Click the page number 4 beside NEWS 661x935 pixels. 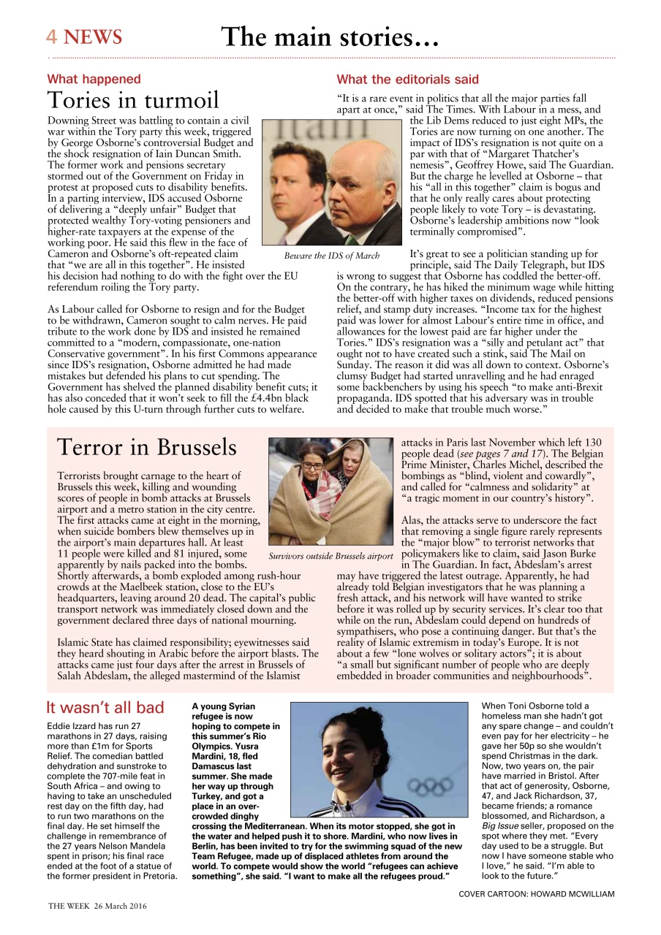52,37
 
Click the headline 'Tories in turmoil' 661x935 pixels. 133,100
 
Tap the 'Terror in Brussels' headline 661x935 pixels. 147,446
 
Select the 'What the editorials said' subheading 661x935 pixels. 407,79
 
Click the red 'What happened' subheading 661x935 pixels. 94,79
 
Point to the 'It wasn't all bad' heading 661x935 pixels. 105,707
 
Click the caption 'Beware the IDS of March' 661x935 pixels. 332,256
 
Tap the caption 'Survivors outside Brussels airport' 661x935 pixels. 330,556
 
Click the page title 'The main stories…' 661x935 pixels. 330,37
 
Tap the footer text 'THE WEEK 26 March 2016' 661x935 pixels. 97,906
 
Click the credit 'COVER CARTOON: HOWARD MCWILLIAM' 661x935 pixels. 536,893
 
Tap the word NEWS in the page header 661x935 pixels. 92,37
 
